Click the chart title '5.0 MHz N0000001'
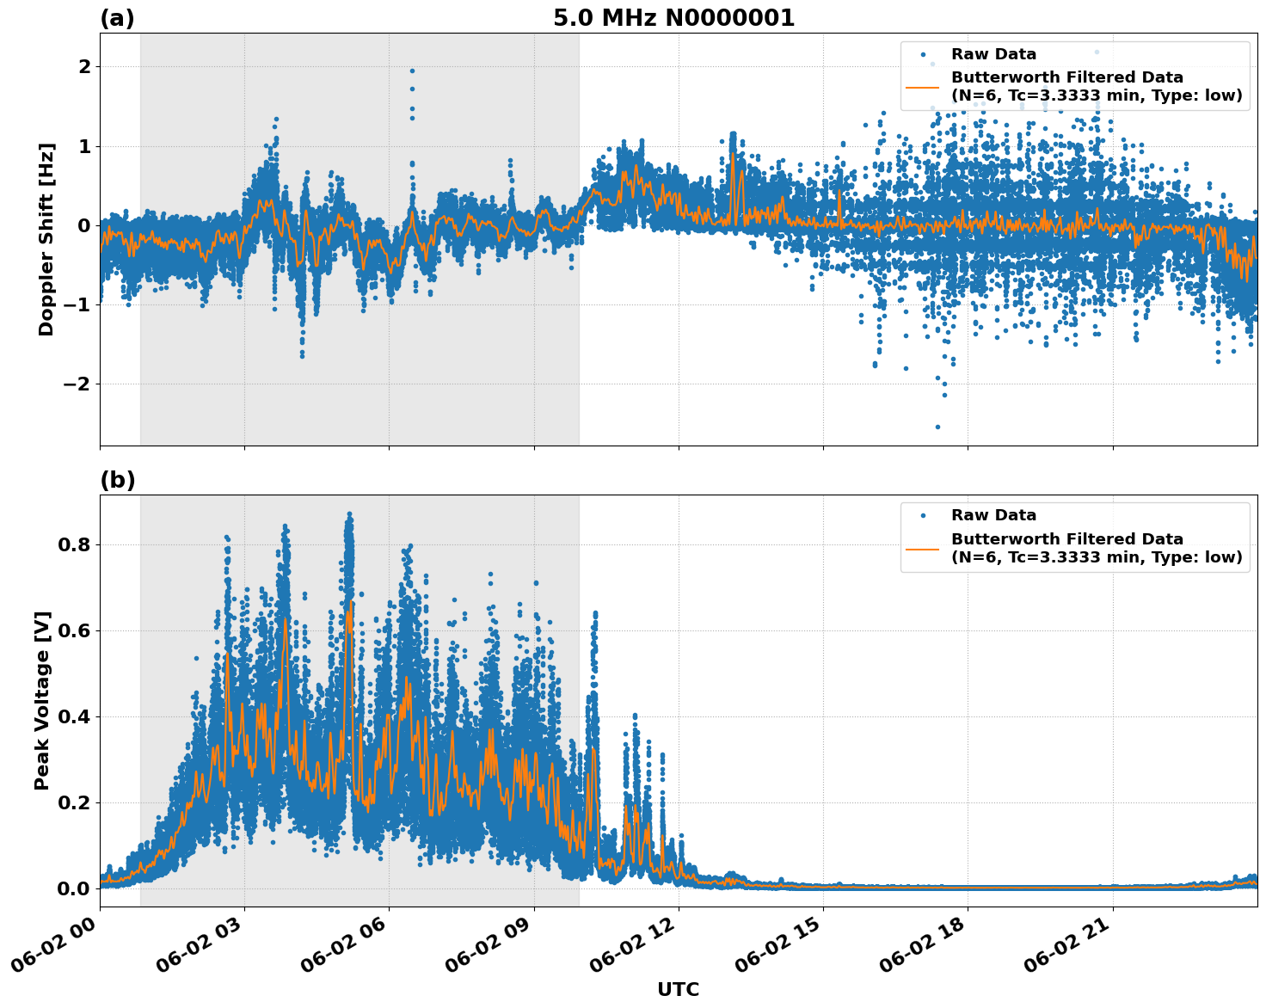tap(673, 18)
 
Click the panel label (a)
tap(117, 18)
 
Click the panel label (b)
tap(117, 480)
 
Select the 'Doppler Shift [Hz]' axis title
tap(46, 239)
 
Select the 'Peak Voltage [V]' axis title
tap(42, 700)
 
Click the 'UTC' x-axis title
tap(678, 989)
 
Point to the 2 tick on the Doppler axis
tap(84, 67)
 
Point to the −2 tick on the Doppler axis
tap(77, 384)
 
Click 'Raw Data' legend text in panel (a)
tap(993, 54)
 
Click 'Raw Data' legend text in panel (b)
tap(993, 515)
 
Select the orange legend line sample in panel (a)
tap(922, 87)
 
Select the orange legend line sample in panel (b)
tap(922, 548)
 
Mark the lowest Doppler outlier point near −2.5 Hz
tap(937, 427)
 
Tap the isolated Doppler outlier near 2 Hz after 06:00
tap(412, 71)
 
